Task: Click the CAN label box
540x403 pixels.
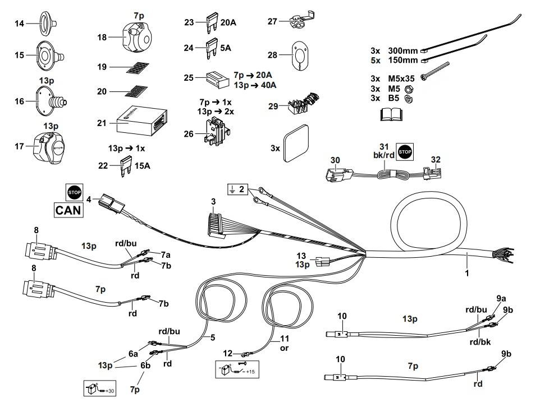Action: pos(68,211)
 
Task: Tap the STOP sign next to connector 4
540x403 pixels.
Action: pos(74,192)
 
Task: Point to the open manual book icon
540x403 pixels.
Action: pos(391,115)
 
